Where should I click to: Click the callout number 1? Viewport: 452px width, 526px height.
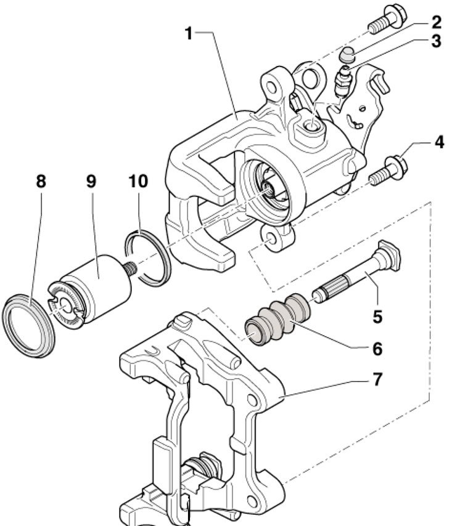[x=189, y=33]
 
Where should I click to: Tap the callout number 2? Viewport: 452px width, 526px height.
[x=436, y=22]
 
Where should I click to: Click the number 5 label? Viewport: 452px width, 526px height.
[x=378, y=317]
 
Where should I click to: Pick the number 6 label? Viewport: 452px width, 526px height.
[x=377, y=349]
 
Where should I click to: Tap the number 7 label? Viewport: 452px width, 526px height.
[x=377, y=379]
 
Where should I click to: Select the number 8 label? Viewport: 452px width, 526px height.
[x=41, y=182]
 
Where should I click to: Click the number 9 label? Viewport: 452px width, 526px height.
[x=91, y=182]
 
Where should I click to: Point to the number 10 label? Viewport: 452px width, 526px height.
[x=138, y=182]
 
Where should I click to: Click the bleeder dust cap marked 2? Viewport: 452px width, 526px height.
[x=347, y=55]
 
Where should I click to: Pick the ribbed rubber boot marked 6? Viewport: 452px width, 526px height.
[x=277, y=319]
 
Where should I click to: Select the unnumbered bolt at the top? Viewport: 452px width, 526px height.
[x=387, y=20]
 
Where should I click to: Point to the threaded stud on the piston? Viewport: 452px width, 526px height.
[x=130, y=269]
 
